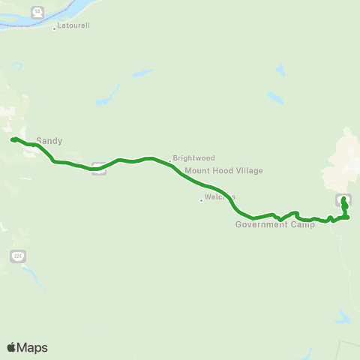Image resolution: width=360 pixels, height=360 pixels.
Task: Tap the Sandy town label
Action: tap(49, 140)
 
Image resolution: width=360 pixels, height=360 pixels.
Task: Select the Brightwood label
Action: tap(194, 158)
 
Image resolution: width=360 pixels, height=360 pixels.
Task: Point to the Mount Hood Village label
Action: tap(224, 171)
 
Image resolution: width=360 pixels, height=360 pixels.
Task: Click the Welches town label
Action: tap(220, 197)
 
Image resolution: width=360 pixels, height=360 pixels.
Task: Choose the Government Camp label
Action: tap(274, 224)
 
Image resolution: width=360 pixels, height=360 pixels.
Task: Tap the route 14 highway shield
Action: tap(37, 12)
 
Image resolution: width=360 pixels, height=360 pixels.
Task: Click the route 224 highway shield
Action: tap(18, 256)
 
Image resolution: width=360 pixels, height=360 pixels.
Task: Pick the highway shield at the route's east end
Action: tap(342, 198)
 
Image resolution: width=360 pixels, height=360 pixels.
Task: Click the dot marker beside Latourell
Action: tap(54, 29)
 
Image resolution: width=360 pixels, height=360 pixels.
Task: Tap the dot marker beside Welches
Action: tap(201, 199)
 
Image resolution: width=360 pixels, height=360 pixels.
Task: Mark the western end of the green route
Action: tap(13, 139)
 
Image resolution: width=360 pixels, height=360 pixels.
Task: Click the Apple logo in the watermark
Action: tap(11, 347)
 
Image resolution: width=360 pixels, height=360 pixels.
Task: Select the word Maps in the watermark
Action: tap(32, 347)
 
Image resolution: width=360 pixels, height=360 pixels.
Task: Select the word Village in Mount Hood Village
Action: tap(250, 171)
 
